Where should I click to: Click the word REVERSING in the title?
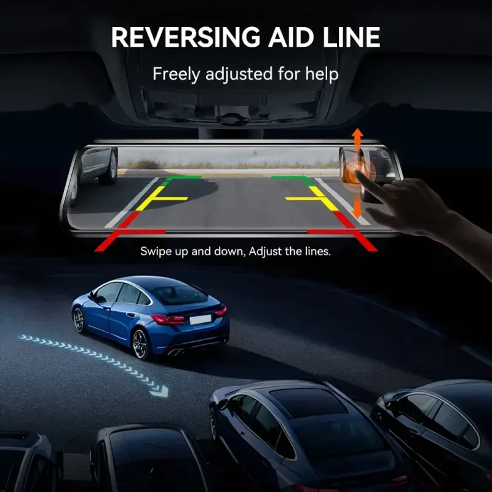[186, 37]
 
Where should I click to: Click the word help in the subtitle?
[322, 74]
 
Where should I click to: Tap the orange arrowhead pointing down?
[357, 214]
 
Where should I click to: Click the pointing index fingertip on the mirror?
[360, 175]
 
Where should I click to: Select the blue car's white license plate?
[200, 320]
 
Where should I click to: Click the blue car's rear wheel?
[141, 344]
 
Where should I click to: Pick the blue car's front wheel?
[79, 320]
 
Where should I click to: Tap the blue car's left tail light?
[168, 319]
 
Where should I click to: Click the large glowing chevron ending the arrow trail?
[160, 391]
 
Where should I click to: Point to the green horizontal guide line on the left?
[184, 178]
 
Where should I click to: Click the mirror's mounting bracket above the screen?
[231, 132]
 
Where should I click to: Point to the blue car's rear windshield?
[180, 295]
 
